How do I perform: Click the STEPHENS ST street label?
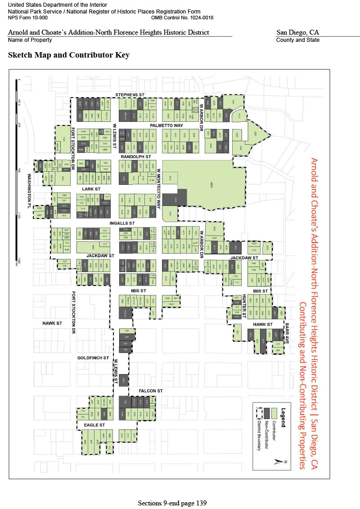(129, 95)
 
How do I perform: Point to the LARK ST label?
(91, 189)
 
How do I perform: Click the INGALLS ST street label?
(122, 223)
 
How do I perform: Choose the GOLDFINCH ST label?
(93, 358)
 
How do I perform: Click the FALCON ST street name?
(150, 391)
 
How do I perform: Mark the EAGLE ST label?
(94, 425)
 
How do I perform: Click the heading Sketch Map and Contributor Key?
(69, 55)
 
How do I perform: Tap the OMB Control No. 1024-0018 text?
(183, 18)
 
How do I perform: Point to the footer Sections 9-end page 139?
(172, 503)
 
